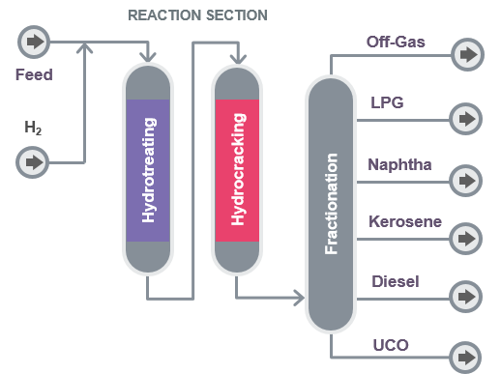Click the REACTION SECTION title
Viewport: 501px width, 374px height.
[x=197, y=15]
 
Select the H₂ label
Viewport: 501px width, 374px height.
[x=34, y=127]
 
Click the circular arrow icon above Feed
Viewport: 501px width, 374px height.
[x=34, y=43]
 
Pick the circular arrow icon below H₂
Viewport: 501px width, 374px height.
[x=34, y=160]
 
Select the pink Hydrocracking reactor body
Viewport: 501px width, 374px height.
[x=238, y=169]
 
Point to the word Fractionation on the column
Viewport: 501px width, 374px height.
[x=332, y=204]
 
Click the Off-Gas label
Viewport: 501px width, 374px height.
[x=395, y=43]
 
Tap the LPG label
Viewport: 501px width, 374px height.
[x=389, y=101]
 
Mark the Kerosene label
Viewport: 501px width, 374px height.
[x=405, y=222]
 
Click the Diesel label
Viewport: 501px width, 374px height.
[x=394, y=281]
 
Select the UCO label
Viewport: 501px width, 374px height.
[x=391, y=343]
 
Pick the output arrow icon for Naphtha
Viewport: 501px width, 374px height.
[x=467, y=179]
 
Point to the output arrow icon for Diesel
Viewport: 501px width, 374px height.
[x=467, y=295]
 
